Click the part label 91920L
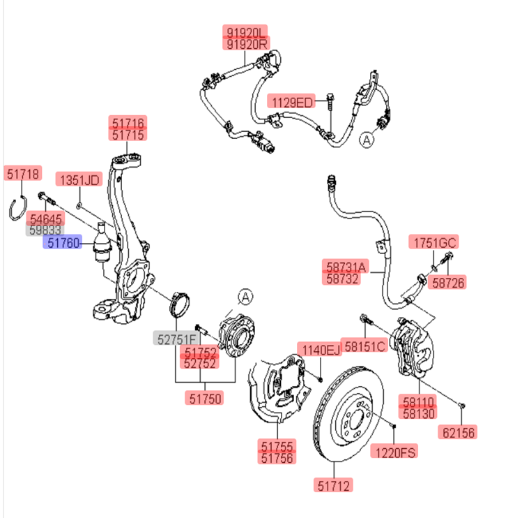(x=245, y=32)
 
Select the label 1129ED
(x=293, y=102)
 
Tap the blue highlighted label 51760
(x=63, y=243)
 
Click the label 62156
(x=458, y=433)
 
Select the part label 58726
(x=448, y=282)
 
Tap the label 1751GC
(x=432, y=243)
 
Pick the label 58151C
(x=365, y=346)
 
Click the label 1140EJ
(x=320, y=349)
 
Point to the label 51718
(x=24, y=173)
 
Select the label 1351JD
(x=79, y=179)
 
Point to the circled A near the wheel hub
(x=245, y=297)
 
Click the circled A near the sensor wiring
(x=367, y=141)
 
